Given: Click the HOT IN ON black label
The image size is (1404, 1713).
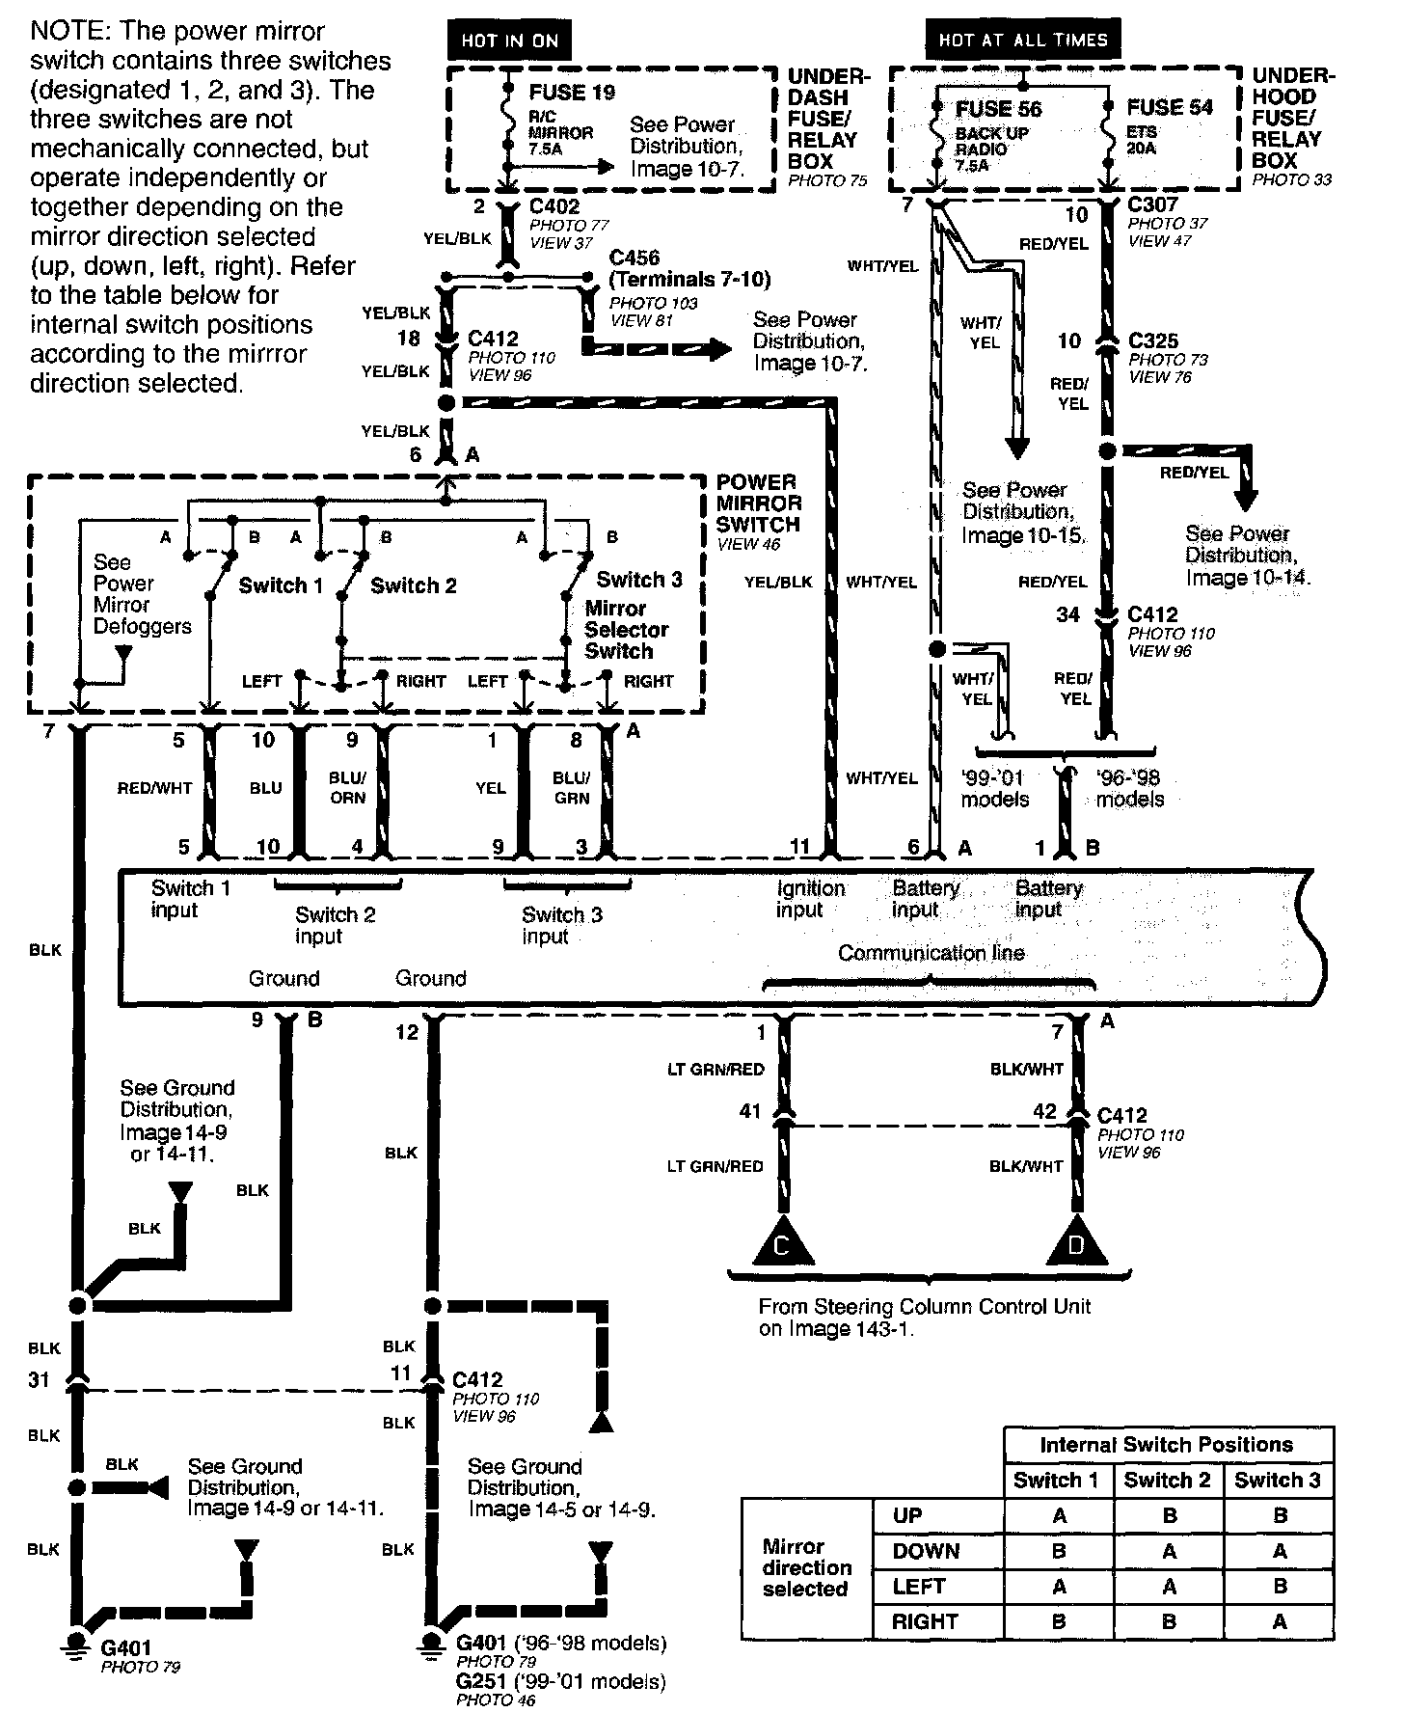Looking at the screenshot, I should [x=508, y=41].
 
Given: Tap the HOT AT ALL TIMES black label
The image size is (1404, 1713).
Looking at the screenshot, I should [x=1023, y=41].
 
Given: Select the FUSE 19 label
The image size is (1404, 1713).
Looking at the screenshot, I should [x=572, y=93].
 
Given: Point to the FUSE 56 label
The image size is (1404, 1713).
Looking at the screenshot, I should [x=998, y=109].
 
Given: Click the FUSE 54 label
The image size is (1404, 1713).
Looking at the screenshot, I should [x=1170, y=107].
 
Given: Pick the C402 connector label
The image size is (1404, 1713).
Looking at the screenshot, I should [x=554, y=206].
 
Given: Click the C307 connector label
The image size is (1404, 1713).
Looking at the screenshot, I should [x=1153, y=204].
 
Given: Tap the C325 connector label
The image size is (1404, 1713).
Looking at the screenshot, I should [x=1153, y=340].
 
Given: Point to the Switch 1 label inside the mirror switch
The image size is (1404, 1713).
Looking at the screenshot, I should [x=281, y=585].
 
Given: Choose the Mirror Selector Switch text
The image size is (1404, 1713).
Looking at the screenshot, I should [x=626, y=630].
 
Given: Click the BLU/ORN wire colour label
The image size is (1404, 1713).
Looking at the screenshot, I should [x=347, y=787].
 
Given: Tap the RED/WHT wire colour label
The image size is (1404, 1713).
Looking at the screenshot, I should [x=155, y=788].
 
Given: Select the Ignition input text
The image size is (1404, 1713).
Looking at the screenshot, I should [x=810, y=898].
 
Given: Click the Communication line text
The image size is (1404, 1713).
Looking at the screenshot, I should [x=931, y=953].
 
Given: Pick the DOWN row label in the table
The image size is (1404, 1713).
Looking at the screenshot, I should [x=926, y=1551].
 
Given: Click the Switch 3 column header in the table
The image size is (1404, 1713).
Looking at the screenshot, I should [x=1277, y=1481].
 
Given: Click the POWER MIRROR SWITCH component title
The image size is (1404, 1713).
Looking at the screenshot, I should [x=758, y=503].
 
